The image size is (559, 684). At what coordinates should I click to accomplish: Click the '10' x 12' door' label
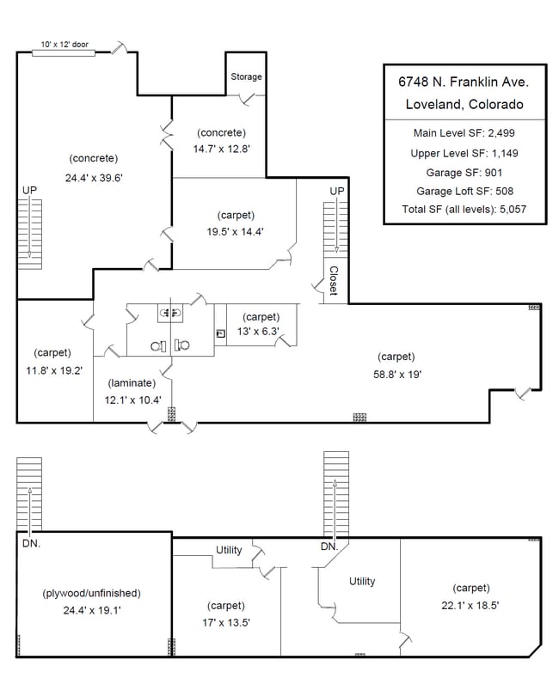[64, 44]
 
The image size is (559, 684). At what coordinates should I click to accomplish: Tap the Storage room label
[246, 76]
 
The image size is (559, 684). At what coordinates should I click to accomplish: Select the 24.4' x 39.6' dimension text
[94, 178]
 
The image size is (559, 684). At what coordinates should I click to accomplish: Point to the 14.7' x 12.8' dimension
[221, 149]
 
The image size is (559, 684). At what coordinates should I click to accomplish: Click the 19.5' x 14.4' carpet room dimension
[235, 232]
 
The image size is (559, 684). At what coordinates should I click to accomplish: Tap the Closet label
[334, 280]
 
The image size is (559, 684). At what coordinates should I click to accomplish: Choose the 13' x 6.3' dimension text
[258, 331]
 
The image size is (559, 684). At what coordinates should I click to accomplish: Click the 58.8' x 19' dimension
[397, 375]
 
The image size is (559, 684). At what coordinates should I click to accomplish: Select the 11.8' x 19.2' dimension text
[54, 370]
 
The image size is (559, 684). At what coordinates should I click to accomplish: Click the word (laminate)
[132, 383]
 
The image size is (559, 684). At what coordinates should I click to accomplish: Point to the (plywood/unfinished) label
[92, 593]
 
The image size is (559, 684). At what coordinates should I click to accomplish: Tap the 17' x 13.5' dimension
[226, 622]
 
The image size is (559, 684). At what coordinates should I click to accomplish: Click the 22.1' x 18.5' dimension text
[470, 605]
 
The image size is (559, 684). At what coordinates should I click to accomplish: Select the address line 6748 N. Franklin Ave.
[464, 82]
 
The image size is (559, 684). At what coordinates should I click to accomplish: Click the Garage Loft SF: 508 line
[464, 191]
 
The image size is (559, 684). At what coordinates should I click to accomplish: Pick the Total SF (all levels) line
[464, 210]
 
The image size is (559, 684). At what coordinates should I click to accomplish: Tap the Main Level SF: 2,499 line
[464, 132]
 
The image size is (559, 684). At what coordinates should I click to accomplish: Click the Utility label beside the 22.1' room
[362, 581]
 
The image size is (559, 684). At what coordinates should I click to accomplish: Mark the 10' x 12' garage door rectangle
[64, 53]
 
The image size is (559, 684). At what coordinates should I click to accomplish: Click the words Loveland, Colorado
[464, 104]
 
